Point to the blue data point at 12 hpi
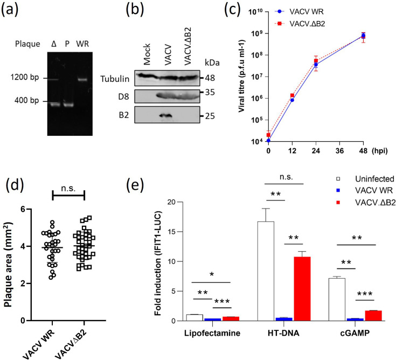click(291, 100)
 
